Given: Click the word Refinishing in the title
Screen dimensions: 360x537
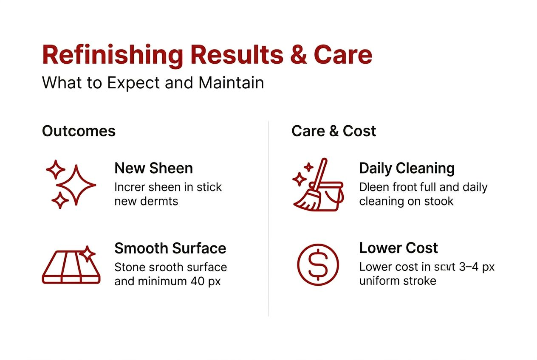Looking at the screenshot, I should point(113,55).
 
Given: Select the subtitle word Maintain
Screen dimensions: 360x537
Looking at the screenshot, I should point(231,82).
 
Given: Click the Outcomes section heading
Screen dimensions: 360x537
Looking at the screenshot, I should point(79,131).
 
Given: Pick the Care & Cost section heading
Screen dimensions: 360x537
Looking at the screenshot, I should point(334,131).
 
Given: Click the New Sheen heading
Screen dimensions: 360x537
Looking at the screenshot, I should point(153,168).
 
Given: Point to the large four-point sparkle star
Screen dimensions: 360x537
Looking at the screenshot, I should point(76,186).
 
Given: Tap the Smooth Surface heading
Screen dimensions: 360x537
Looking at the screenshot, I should point(170,248).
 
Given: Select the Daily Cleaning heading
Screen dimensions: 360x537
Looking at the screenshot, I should point(407,168).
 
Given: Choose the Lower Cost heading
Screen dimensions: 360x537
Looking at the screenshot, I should point(398,248).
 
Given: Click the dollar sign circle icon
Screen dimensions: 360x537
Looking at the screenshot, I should point(318,265).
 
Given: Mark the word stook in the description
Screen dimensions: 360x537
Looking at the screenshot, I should point(437,201).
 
